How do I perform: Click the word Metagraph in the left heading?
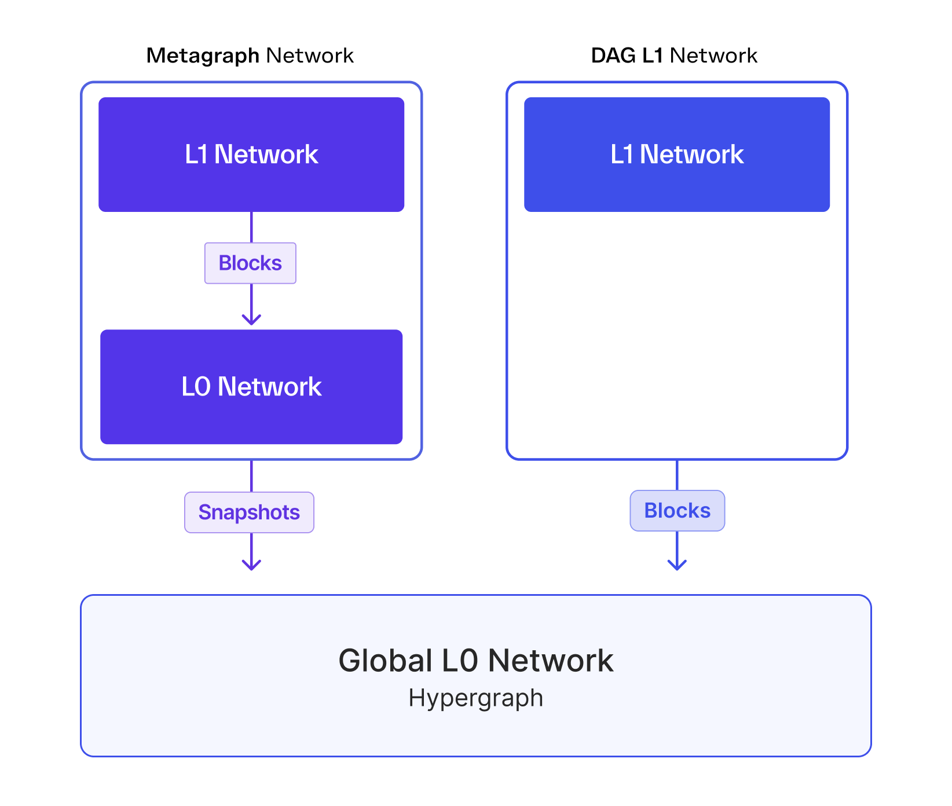coord(203,56)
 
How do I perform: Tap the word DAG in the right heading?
coord(613,56)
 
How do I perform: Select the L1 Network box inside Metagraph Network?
coord(251,155)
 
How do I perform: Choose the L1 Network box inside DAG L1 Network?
coord(676,155)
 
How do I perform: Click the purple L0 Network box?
coord(251,387)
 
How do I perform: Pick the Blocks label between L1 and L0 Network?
coord(250,263)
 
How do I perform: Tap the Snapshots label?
coord(249,512)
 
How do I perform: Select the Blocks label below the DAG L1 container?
coord(677,511)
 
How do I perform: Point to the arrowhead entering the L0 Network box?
coord(251,320)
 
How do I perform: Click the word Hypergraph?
coord(475,698)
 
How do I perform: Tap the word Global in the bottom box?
coord(386,661)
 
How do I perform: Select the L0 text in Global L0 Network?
coord(460,661)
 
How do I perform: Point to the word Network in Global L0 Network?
coord(550,661)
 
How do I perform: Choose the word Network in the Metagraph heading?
coord(310,56)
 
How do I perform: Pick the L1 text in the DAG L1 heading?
coord(653,56)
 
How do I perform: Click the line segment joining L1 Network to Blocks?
coord(251,227)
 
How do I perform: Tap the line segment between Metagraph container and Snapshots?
coord(251,476)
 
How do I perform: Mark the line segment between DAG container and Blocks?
coord(677,475)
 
